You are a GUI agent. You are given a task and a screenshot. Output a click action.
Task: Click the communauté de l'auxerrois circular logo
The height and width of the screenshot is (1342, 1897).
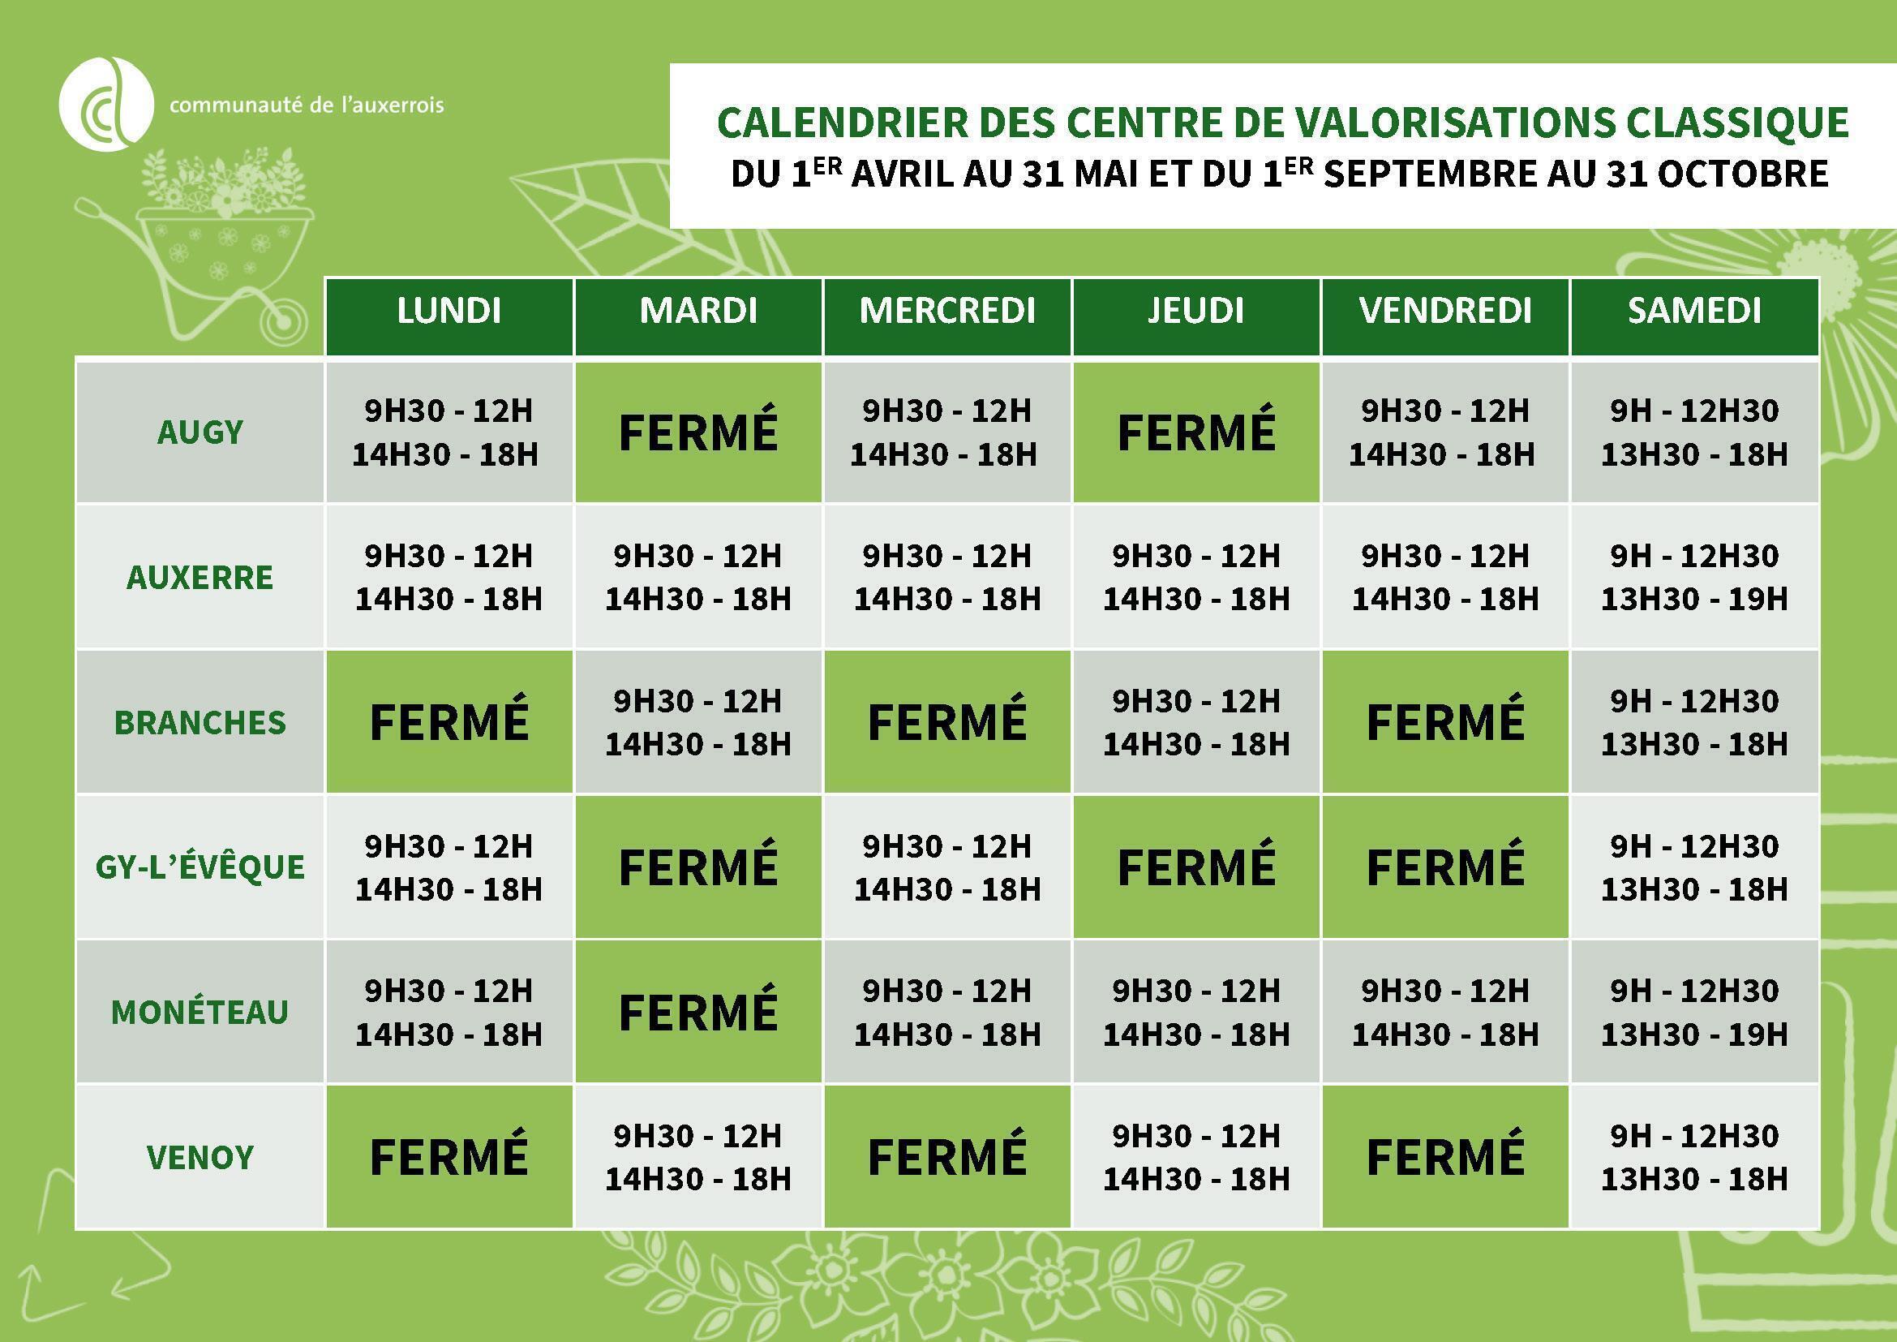pyautogui.click(x=105, y=104)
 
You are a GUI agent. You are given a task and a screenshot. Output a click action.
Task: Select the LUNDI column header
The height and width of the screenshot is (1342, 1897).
pyautogui.click(x=448, y=312)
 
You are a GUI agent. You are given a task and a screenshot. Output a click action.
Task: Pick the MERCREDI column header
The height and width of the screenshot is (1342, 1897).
pyautogui.click(x=946, y=312)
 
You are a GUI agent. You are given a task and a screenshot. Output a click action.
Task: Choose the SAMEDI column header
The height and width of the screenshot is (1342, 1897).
pyautogui.click(x=1693, y=312)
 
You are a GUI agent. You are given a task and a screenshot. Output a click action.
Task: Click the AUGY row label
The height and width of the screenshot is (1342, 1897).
pyautogui.click(x=200, y=432)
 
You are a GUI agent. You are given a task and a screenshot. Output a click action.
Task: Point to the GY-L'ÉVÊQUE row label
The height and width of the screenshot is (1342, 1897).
pyautogui.click(x=200, y=867)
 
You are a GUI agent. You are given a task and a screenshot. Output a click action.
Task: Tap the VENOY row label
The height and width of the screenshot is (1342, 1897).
pyautogui.click(x=200, y=1157)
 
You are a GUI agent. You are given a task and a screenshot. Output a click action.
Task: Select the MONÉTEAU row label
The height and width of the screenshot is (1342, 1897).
pyautogui.click(x=200, y=1013)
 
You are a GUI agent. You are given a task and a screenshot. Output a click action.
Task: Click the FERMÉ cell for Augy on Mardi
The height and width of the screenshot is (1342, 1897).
pyautogui.click(x=698, y=432)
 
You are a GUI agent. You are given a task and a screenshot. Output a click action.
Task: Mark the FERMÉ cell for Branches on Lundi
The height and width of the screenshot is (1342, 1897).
pyautogui.click(x=448, y=721)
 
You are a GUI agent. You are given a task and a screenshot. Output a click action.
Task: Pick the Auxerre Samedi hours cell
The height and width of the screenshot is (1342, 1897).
pyautogui.click(x=1693, y=577)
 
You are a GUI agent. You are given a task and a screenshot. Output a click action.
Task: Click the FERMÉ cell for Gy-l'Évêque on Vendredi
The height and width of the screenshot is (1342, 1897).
pyautogui.click(x=1445, y=867)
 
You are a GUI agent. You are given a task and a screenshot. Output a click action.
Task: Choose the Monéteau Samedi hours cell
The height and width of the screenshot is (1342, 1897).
pyautogui.click(x=1693, y=1013)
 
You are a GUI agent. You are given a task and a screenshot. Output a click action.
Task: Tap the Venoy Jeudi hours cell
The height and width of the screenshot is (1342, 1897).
pyautogui.click(x=1195, y=1157)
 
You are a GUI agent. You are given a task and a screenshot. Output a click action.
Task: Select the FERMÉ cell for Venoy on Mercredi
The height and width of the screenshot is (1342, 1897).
pyautogui.click(x=946, y=1157)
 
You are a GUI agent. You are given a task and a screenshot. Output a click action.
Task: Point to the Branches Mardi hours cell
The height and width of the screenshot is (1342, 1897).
pyautogui.click(x=698, y=721)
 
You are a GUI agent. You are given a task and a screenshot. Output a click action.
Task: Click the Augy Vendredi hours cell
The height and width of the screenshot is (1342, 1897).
pyautogui.click(x=1445, y=432)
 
